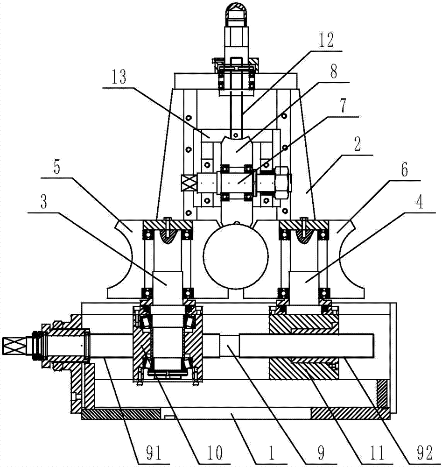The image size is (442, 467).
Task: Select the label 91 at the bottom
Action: pos(154,453)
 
